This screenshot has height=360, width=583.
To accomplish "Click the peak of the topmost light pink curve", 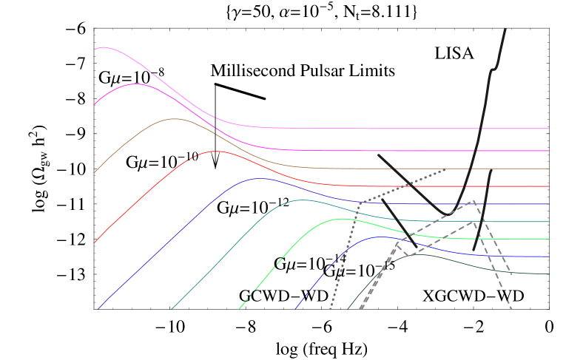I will point(103,47).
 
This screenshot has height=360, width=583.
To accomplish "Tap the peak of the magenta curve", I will point(135,84).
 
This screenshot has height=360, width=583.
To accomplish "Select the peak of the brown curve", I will point(175,118).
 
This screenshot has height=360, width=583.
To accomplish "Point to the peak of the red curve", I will point(216,151).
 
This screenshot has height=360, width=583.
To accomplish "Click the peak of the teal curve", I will point(302,200).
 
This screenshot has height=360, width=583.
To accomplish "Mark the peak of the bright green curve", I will point(341,218).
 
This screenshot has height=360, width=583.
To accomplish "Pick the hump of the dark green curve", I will point(419,254).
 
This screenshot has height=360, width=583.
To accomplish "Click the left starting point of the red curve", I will point(95,242).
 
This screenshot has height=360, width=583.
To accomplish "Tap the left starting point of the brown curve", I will point(95,172).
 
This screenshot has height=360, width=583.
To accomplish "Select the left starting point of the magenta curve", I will point(95,104).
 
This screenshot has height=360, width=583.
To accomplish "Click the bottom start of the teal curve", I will point(171,309).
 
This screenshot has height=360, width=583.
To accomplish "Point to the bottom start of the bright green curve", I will point(240,309).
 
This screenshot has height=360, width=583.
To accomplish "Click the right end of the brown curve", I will point(549,169).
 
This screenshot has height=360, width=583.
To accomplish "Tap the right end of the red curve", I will point(549,186).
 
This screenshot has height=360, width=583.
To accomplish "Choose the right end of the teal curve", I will point(549,222).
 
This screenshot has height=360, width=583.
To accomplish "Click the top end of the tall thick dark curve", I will point(505,30).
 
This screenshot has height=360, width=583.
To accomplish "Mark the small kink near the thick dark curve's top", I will point(493,69).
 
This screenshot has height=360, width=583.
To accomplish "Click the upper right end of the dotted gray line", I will point(445,169).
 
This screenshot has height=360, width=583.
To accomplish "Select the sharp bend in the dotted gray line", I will point(360,202).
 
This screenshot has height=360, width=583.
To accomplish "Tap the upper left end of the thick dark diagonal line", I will point(379,154).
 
